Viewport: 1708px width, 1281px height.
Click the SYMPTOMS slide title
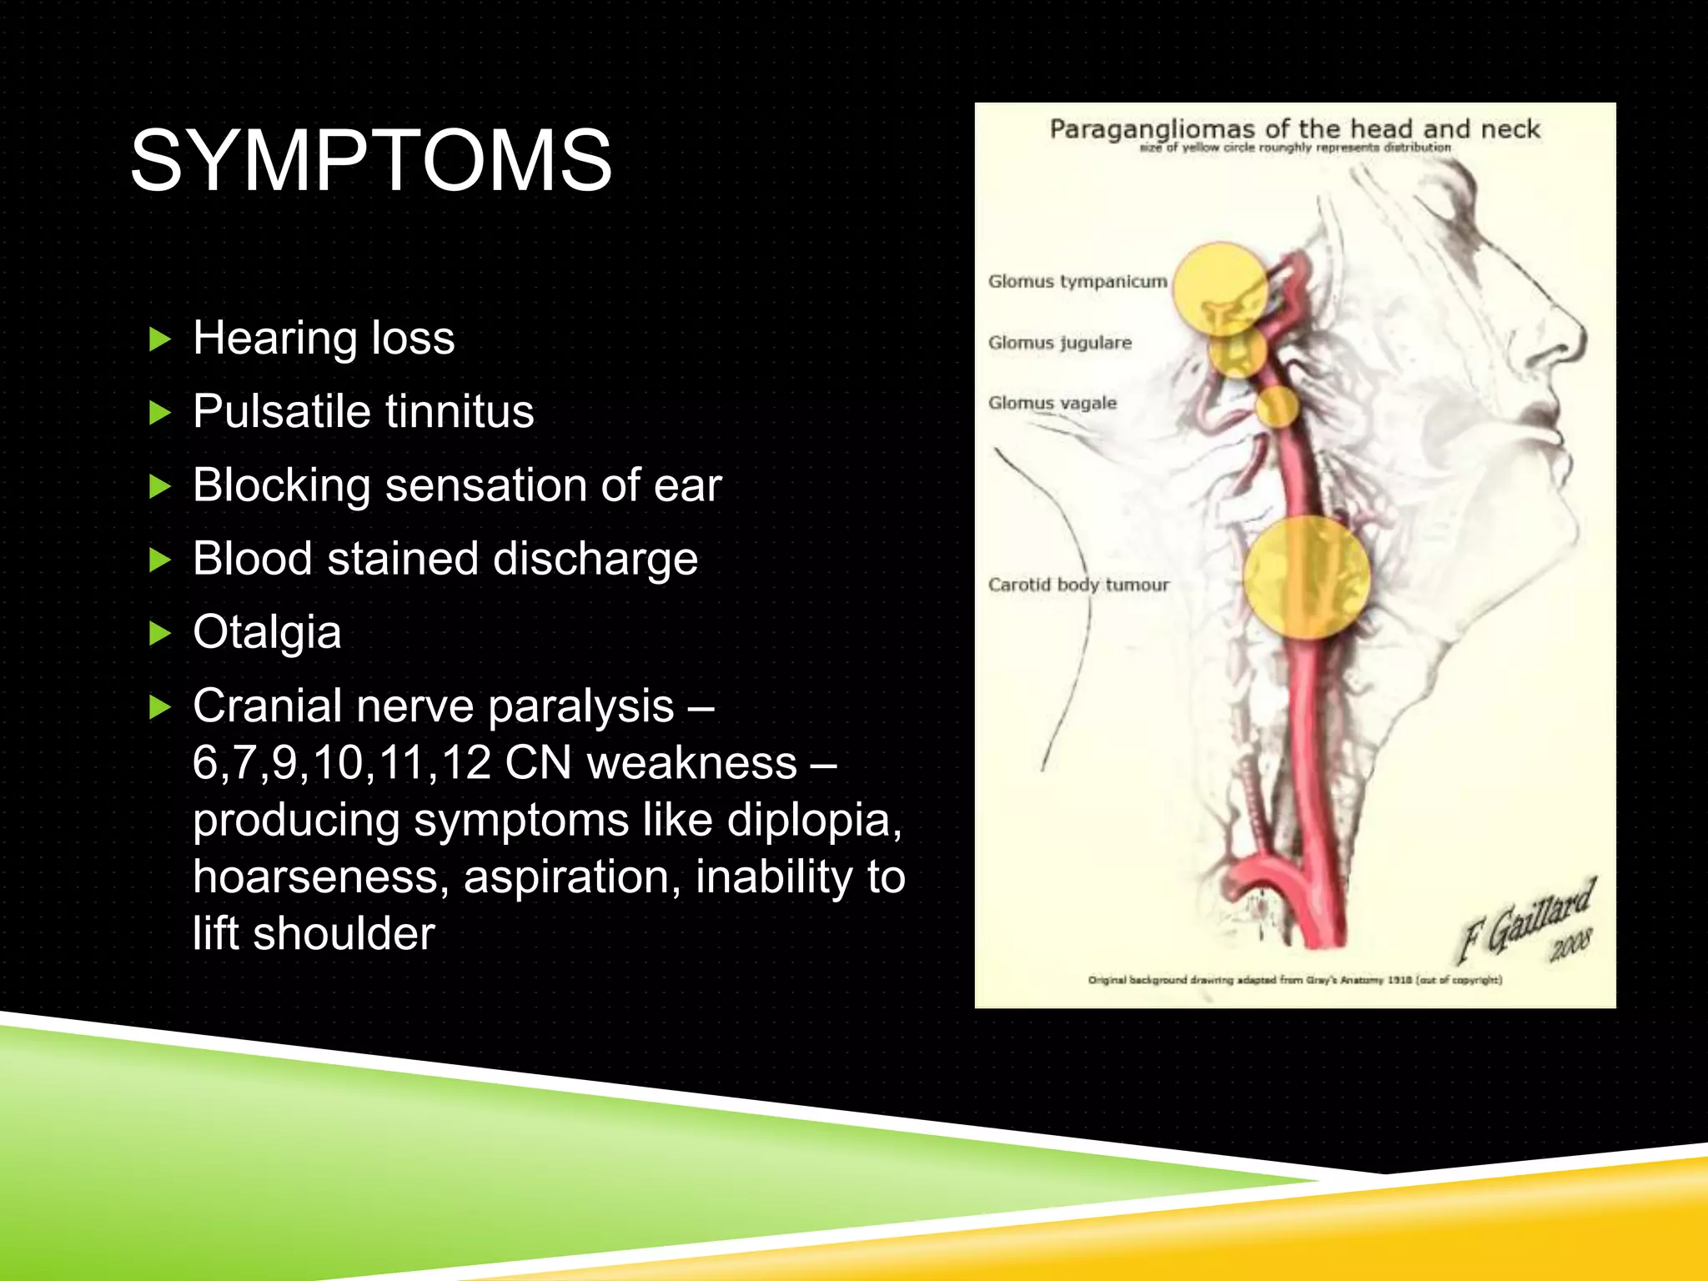(x=371, y=160)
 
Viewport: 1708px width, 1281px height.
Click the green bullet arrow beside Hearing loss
(x=159, y=339)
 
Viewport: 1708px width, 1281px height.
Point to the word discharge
(x=595, y=559)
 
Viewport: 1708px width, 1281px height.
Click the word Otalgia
(x=267, y=632)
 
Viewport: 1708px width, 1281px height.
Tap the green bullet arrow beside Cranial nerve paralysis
(x=159, y=708)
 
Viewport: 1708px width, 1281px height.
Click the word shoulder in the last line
(x=344, y=933)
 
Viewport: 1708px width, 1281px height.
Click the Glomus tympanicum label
(x=1077, y=281)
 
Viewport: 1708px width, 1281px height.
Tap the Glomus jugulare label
(x=1059, y=342)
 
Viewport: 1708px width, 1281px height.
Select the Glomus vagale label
(x=1052, y=403)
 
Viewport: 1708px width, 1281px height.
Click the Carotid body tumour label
(x=1078, y=585)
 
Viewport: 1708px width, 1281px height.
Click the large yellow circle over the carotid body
(x=1306, y=577)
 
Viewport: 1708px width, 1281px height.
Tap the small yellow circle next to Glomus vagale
(x=1277, y=407)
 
